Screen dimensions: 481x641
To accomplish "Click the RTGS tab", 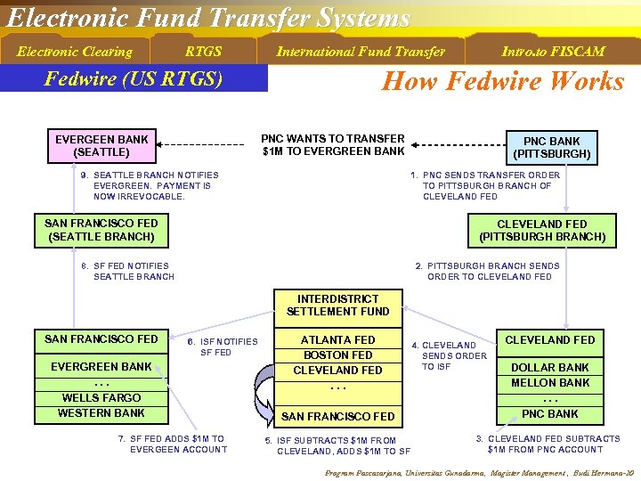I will (203, 51).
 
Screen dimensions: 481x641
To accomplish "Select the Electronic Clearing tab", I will (75, 51).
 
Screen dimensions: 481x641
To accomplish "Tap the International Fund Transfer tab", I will (361, 51).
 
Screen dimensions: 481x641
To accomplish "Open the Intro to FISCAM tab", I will (553, 51).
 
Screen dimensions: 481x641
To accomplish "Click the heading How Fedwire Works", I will (502, 81).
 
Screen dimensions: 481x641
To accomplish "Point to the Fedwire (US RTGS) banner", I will (134, 78).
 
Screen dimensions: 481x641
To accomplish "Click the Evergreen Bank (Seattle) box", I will (101, 145).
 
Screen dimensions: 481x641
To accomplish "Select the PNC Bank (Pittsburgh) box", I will (552, 147).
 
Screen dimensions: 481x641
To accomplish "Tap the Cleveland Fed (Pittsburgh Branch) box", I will (542, 230).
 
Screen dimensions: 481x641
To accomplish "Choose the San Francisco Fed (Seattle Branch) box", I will (101, 230).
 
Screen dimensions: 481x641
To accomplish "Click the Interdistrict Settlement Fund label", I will (338, 305).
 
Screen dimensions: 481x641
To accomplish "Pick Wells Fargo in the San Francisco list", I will (101, 397).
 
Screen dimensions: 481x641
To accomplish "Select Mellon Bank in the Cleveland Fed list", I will (550, 382).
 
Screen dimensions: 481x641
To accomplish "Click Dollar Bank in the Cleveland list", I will (550, 367).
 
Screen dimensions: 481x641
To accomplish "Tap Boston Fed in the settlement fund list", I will (337, 355).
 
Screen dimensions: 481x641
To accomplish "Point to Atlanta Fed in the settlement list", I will (337, 339).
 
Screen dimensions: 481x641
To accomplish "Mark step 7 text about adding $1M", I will (172, 444).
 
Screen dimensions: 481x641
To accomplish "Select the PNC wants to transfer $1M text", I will (333, 144).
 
